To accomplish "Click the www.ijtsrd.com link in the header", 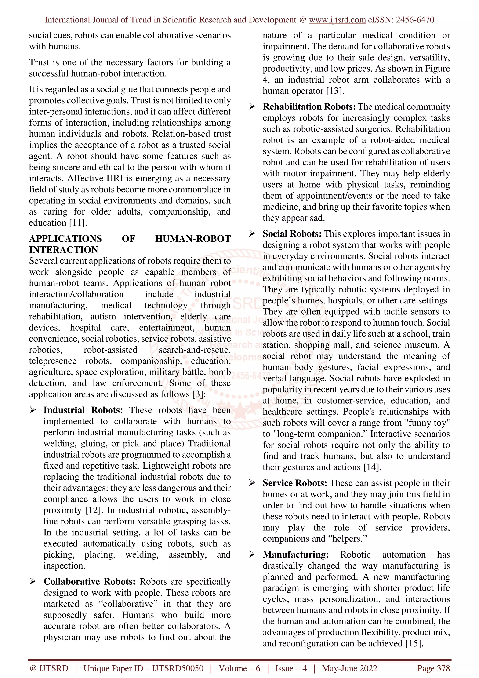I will pyautogui.click(x=337, y=20).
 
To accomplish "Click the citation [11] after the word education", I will pyautogui.click(x=78, y=223).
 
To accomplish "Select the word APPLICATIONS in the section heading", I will pyautogui.click(x=65, y=239).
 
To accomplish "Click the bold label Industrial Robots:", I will pyautogui.click(x=83, y=410).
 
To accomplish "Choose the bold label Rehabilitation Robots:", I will pyautogui.click(x=309, y=107).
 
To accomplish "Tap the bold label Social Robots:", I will pyautogui.click(x=292, y=234).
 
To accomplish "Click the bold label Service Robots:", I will pyautogui.click(x=295, y=483).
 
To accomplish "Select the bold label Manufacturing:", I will pyautogui.click(x=295, y=554).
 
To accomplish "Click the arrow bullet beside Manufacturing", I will pyautogui.click(x=252, y=554).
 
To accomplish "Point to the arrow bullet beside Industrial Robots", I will pyautogui.click(x=33, y=410).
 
